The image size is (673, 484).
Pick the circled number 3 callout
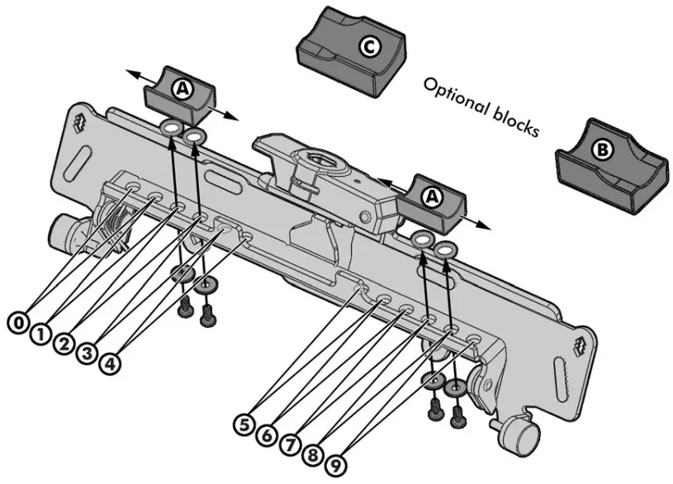pyautogui.click(x=86, y=356)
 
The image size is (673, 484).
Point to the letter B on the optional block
pyautogui.click(x=603, y=150)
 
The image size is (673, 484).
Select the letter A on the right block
pyautogui.click(x=431, y=197)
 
